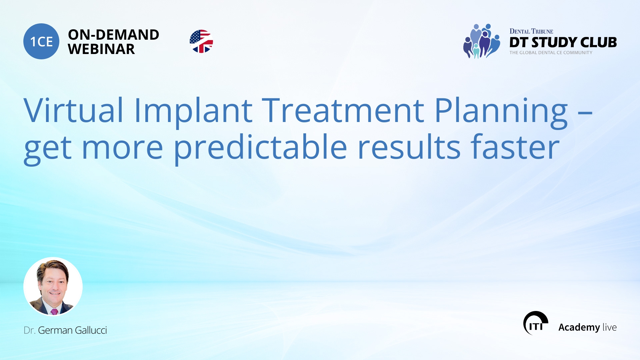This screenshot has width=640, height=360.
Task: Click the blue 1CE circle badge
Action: coord(41,41)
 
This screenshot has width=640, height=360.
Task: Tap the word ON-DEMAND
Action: coord(113,35)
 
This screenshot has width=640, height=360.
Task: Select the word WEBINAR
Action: coord(101,49)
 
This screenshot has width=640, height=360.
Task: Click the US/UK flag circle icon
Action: coord(201,41)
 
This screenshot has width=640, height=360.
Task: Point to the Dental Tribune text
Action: coord(531,31)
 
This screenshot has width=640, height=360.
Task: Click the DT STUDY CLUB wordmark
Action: coord(563,42)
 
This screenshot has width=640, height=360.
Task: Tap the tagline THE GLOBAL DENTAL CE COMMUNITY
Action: coord(551,53)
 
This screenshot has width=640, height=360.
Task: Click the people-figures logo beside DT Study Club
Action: coord(482,41)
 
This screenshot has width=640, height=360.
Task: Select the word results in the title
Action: coord(409,147)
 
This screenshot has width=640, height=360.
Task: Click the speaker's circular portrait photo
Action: coord(53,286)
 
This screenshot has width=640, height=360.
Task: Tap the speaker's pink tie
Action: coord(54,311)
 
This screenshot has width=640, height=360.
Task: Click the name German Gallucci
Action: coord(72,330)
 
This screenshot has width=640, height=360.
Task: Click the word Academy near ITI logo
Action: coord(579,327)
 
